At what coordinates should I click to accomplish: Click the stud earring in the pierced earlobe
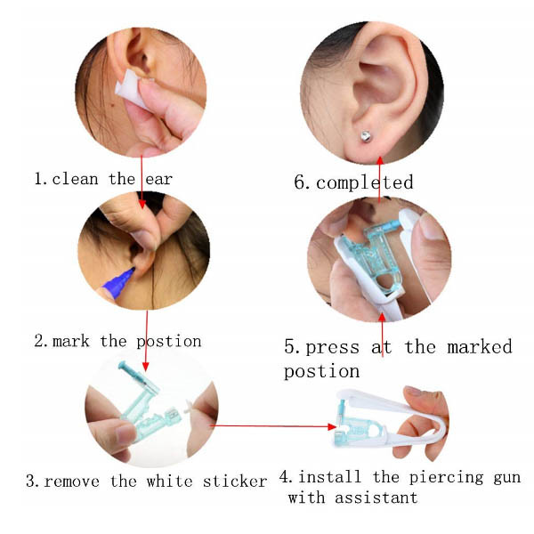click(366, 136)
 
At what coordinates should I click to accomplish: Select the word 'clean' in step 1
click(76, 179)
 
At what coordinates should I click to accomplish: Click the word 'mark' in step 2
click(71, 341)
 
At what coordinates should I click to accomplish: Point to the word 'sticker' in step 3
click(235, 481)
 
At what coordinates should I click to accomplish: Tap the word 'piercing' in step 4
click(446, 478)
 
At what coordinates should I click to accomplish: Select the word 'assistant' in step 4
click(376, 498)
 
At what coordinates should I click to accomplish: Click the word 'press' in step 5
click(332, 348)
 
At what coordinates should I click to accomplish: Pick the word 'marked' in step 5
click(480, 347)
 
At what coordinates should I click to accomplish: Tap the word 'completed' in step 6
click(364, 182)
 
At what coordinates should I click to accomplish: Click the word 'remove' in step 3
click(72, 481)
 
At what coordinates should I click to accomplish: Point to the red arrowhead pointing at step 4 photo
click(332, 426)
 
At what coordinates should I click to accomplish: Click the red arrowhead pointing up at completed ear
click(380, 160)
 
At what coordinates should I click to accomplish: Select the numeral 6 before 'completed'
click(300, 182)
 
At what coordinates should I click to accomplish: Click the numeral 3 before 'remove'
click(30, 481)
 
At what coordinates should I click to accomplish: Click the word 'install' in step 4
click(329, 477)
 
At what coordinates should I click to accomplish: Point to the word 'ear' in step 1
click(158, 180)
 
